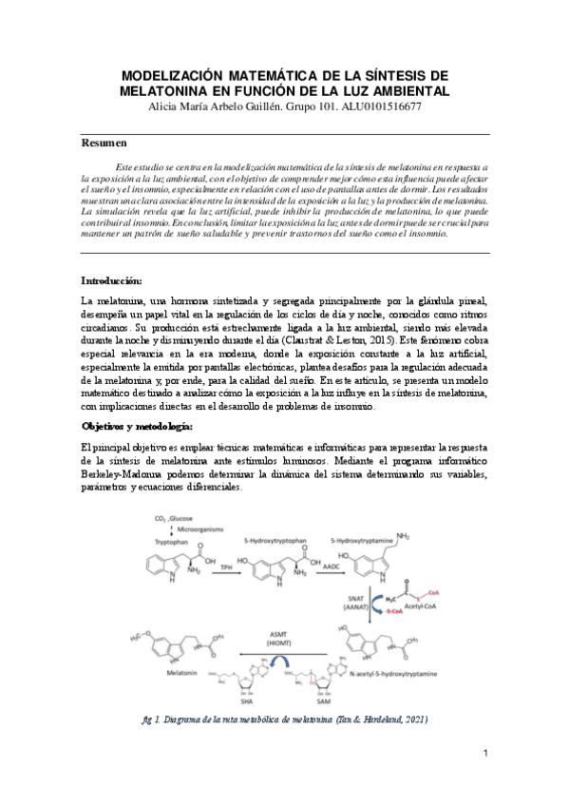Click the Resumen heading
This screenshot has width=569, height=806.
click(x=104, y=143)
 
